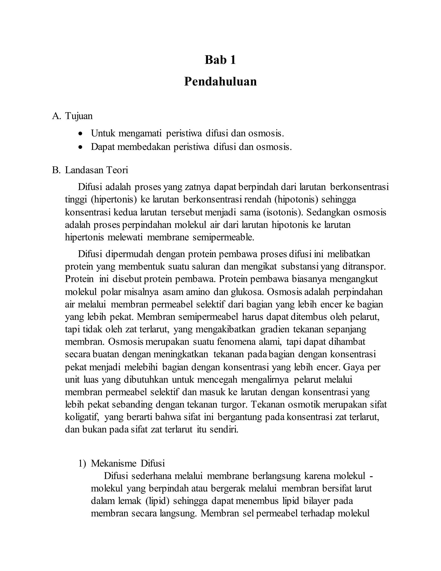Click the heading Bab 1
(x=220, y=60)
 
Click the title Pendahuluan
(x=220, y=82)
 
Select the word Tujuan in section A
(x=79, y=116)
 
